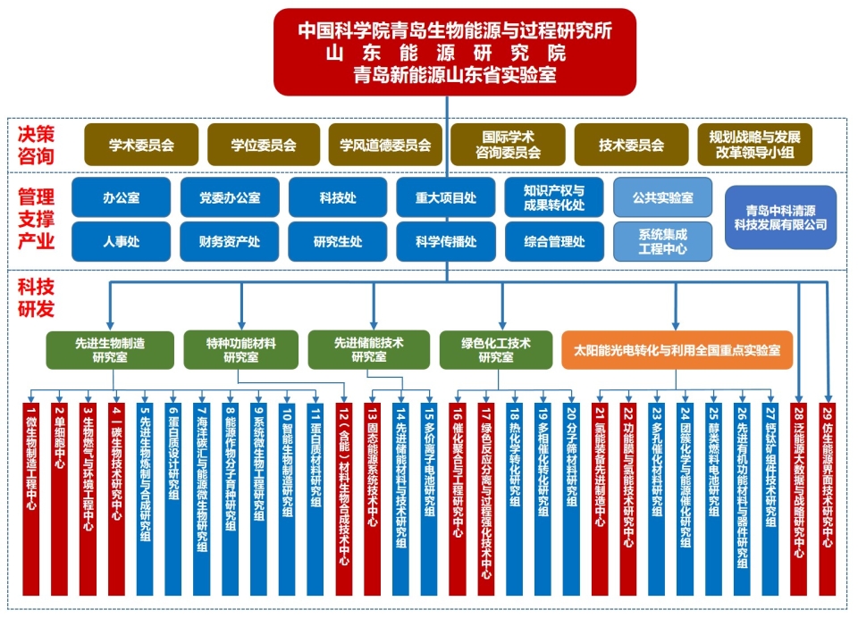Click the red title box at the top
click(x=455, y=52)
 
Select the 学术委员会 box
click(x=141, y=145)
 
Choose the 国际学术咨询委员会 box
click(x=508, y=145)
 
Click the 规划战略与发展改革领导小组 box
click(x=754, y=145)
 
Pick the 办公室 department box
click(x=121, y=197)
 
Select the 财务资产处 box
click(x=230, y=241)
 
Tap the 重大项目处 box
click(x=446, y=197)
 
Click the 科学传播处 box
click(x=446, y=241)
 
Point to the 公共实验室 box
click(x=662, y=197)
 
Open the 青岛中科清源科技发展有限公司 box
click(x=780, y=217)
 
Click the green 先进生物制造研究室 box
click(x=110, y=349)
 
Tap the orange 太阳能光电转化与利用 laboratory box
click(x=677, y=349)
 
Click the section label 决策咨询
click(x=37, y=145)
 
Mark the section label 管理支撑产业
click(x=37, y=219)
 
